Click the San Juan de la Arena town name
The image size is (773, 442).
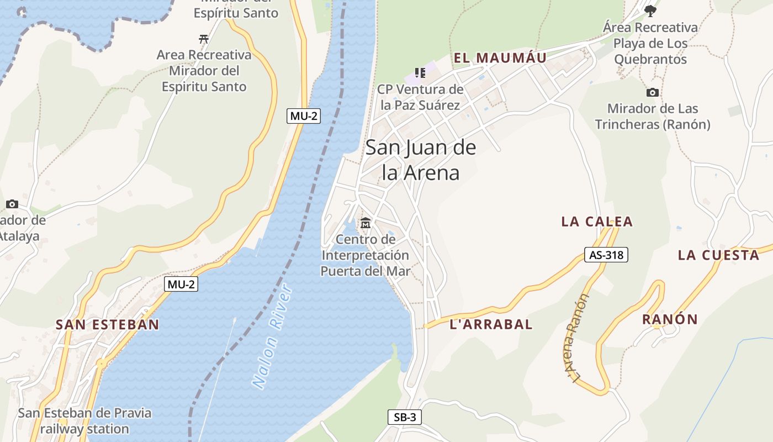coord(421,160)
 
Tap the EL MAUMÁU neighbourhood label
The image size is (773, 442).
coord(500,58)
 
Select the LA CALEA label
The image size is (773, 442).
coord(597,222)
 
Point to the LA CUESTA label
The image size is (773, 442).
coord(719,255)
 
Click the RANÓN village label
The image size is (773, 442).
coord(670,319)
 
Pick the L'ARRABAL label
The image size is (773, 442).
coord(491,324)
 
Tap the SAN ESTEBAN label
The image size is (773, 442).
coord(107,324)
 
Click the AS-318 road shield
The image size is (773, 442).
coord(606,255)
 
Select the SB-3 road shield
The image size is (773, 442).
coord(405,417)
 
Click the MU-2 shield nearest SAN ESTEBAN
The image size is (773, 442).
coord(181,285)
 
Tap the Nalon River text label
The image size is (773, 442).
coord(272,336)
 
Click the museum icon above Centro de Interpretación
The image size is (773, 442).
coord(366,223)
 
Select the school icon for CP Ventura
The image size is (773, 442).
coord(420,73)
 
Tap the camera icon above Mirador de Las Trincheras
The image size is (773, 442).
coord(653,92)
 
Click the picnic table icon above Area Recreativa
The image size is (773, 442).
coord(204,39)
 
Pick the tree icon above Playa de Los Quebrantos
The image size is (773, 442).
coord(650,10)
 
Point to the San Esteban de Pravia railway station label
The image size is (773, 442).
coord(84,420)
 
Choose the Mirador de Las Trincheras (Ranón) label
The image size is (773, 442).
coord(653,117)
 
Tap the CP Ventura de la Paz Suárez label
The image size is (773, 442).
coord(420,97)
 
